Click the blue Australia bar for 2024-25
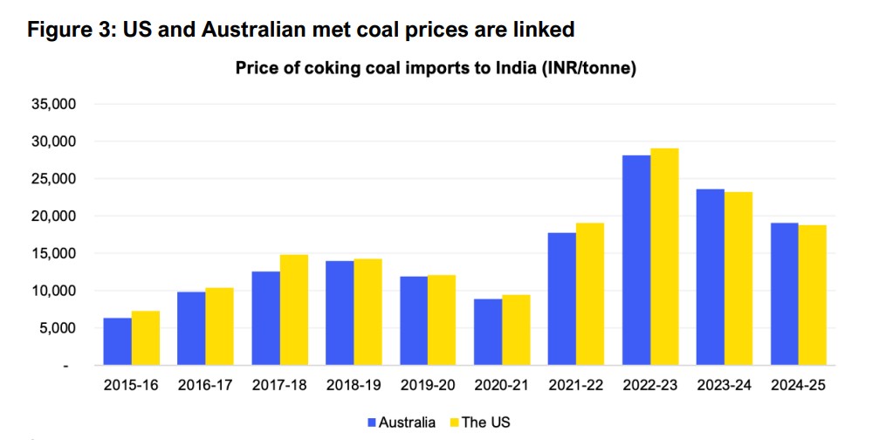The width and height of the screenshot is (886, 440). pos(785,294)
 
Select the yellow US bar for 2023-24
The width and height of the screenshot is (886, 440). pos(738,278)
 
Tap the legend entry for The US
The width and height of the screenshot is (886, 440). pos(479,423)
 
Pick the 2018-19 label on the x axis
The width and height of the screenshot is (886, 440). pos(354,385)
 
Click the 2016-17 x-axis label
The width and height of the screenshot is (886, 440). pos(205,385)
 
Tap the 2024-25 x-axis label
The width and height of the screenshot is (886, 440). pos(799,385)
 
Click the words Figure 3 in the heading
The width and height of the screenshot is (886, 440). pos(69,30)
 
